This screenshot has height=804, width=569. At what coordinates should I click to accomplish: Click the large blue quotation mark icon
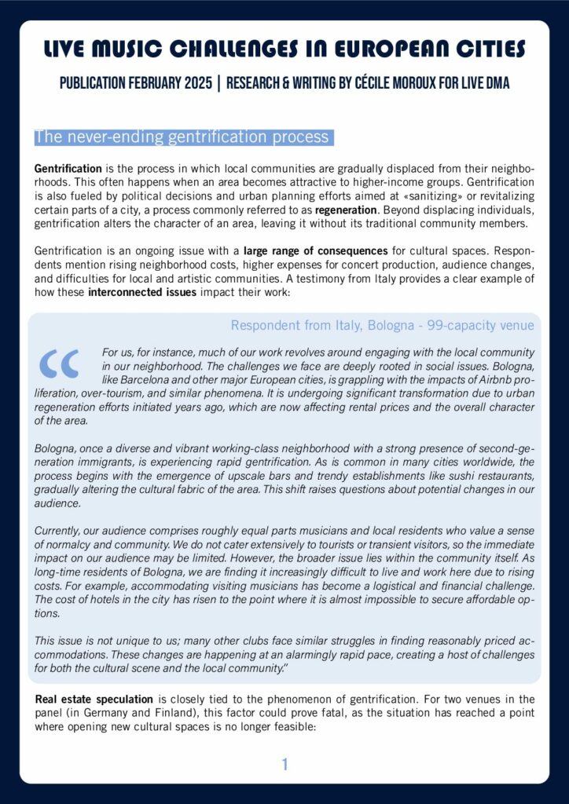[60, 362]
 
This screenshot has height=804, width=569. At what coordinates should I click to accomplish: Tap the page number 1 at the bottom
[285, 764]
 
